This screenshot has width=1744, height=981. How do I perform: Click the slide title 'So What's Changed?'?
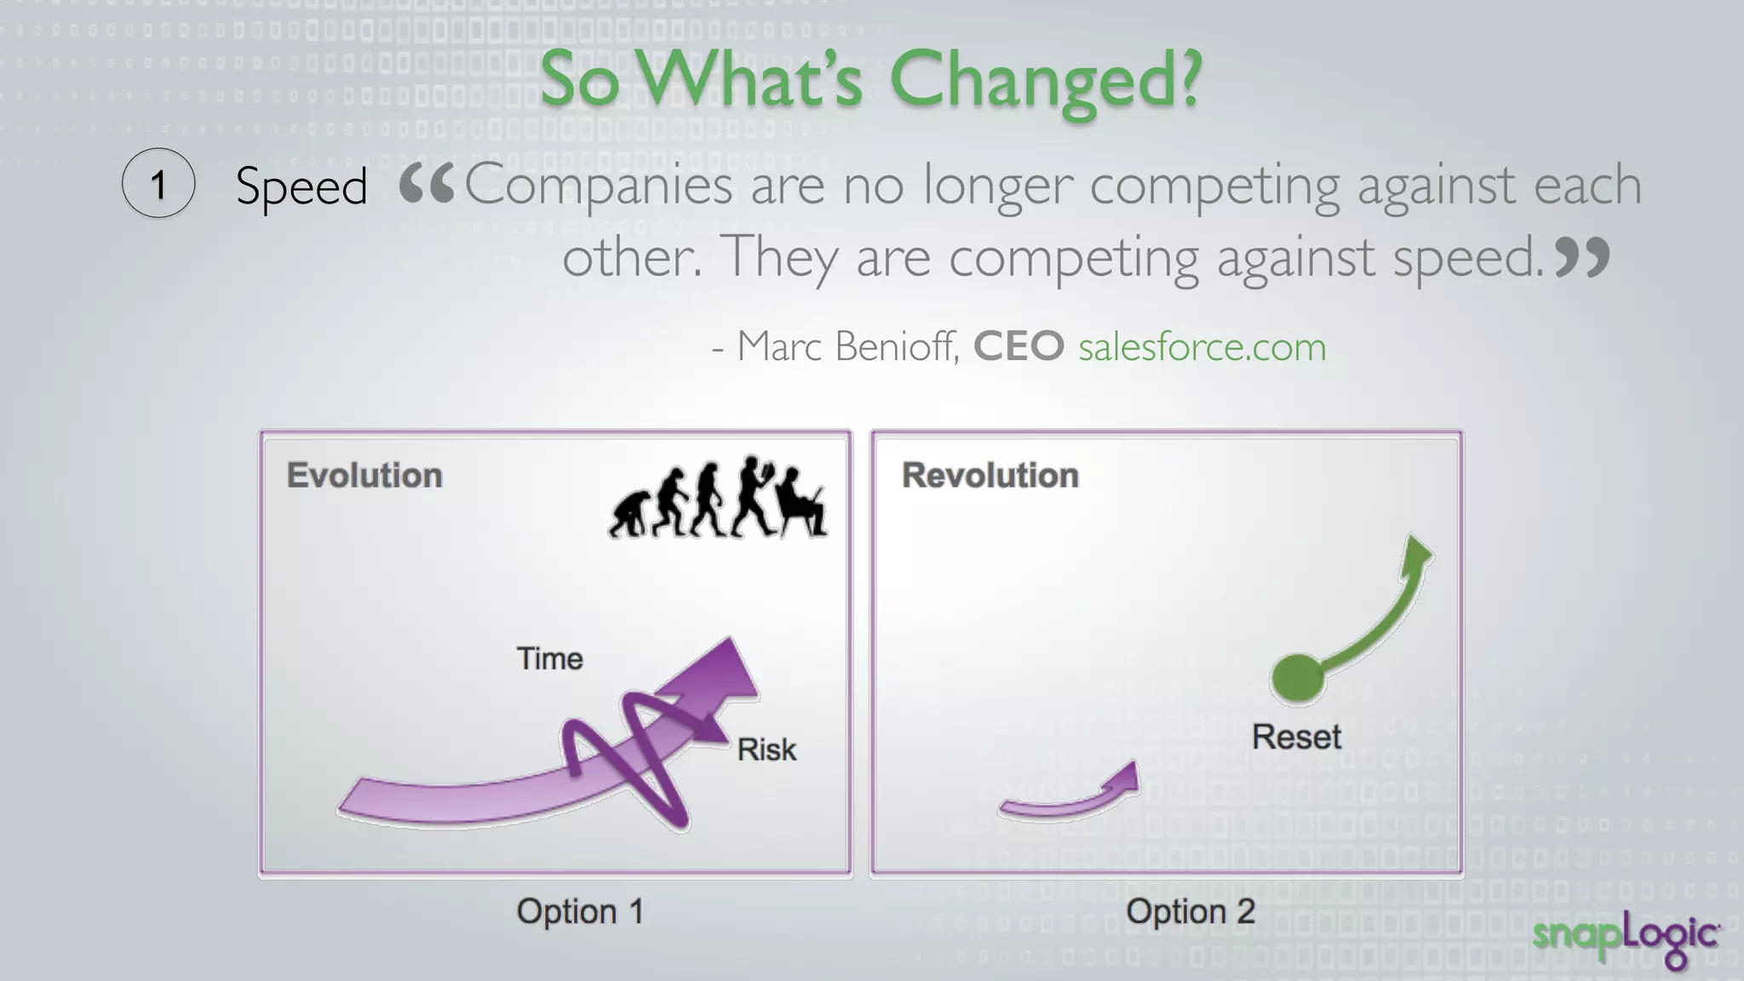[x=870, y=80]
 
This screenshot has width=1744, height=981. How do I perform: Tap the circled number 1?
[x=158, y=183]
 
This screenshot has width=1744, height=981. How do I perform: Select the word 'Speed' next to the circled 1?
[x=301, y=186]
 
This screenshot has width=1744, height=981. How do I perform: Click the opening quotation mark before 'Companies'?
[x=427, y=184]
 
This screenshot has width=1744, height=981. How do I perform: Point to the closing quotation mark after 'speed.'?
[x=1582, y=257]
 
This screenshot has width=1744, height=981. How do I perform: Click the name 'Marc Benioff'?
[x=847, y=347]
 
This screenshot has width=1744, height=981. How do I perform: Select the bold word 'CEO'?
[x=1018, y=347]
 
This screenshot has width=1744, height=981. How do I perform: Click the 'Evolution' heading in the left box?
[x=364, y=475]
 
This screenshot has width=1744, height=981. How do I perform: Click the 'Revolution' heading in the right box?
[x=990, y=475]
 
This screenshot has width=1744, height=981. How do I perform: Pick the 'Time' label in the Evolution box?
[x=550, y=659]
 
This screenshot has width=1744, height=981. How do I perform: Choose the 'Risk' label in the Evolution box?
[x=766, y=749]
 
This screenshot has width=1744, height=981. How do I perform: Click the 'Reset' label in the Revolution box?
[x=1296, y=737]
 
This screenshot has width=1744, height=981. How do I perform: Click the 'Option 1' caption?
[x=580, y=911]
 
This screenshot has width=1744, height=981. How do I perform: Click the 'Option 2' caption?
[x=1190, y=911]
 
